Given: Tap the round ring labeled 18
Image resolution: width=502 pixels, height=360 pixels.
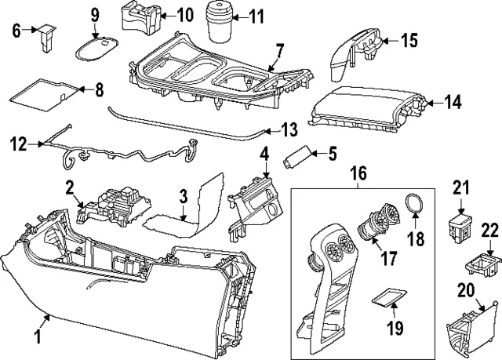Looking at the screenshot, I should pyautogui.click(x=415, y=205).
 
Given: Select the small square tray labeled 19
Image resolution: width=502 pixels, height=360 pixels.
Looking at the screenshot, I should pyautogui.click(x=386, y=296).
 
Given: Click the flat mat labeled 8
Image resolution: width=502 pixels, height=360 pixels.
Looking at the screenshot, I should pyautogui.click(x=45, y=95).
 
